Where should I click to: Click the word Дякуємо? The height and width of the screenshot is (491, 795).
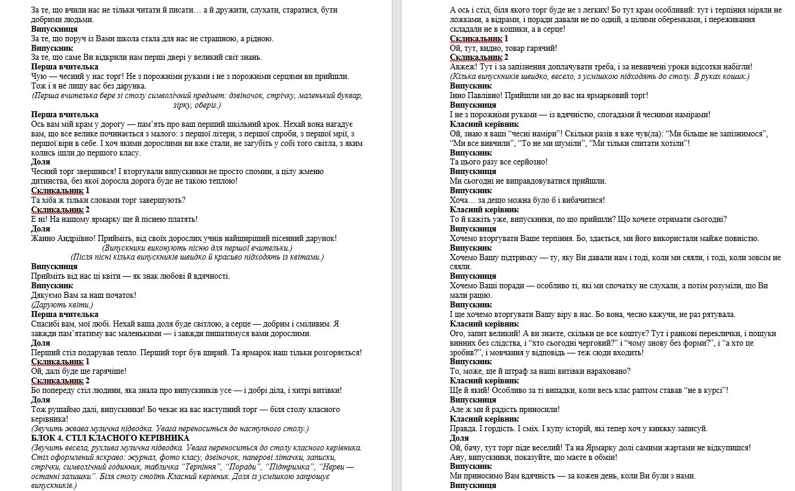tap(50, 295)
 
